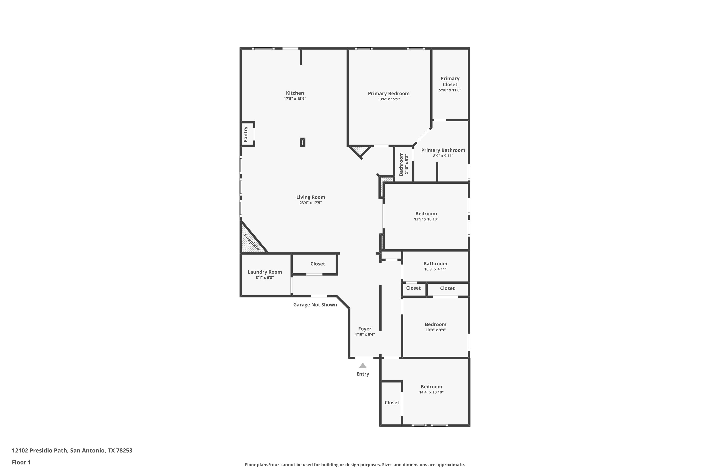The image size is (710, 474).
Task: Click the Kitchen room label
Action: [295, 93]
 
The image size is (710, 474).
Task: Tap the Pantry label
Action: [246, 134]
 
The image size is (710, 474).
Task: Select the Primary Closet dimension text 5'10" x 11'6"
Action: [450, 90]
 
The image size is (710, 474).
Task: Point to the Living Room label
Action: [311, 197]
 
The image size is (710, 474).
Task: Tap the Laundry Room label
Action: [265, 272]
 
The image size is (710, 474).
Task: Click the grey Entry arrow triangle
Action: [363, 365]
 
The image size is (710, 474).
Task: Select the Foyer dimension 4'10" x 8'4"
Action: [365, 334]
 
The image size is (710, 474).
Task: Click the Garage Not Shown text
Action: [315, 305]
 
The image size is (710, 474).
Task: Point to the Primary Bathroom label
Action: [443, 150]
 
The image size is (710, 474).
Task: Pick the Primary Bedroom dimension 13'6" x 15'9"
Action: [389, 99]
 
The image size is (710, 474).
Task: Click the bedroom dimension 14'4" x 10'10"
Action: [431, 392]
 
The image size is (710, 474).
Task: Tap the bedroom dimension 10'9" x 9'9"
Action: [436, 330]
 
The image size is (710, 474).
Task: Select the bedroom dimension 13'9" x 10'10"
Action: [426, 219]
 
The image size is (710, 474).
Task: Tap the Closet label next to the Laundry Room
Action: [318, 264]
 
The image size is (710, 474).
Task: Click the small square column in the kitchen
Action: [302, 142]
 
